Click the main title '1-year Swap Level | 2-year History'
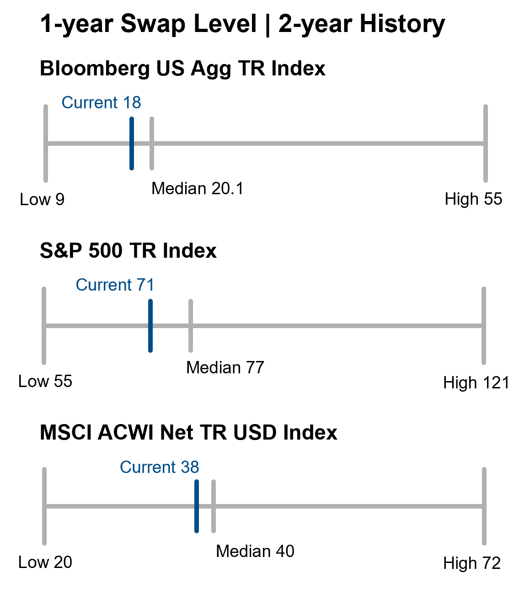[242, 24]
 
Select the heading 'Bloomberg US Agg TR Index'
[182, 69]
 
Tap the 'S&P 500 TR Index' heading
[128, 251]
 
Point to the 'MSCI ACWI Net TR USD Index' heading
[188, 433]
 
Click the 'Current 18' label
[102, 102]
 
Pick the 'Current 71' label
[115, 285]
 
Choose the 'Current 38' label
[159, 467]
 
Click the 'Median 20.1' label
[197, 188]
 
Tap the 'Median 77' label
[225, 367]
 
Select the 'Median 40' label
[255, 551]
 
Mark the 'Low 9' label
[42, 199]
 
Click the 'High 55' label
[473, 199]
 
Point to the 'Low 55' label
[45, 381]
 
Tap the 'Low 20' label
[45, 562]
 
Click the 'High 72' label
[472, 563]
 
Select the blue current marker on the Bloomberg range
[132, 143]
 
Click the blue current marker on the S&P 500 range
[150, 326]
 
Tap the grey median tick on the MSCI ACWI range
[214, 506]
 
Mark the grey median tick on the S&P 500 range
[191, 326]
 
